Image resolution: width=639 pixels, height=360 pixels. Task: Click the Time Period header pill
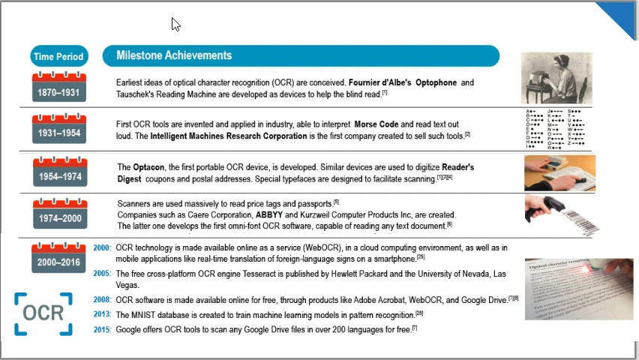(59, 56)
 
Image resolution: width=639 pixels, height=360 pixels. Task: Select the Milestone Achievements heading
(174, 55)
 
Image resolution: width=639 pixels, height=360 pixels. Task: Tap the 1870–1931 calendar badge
(59, 88)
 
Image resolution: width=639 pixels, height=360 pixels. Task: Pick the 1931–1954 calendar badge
(59, 129)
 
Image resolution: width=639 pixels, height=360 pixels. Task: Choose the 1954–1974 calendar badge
(59, 173)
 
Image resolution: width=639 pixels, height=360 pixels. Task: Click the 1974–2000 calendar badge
(59, 214)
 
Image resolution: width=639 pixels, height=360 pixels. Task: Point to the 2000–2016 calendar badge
(59, 257)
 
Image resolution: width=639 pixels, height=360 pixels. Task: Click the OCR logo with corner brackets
(43, 313)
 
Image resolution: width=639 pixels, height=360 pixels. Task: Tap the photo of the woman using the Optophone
(556, 78)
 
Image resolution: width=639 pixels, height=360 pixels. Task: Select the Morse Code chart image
(556, 130)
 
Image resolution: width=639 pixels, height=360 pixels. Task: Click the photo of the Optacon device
(559, 173)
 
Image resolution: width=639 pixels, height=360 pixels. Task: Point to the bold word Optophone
(436, 82)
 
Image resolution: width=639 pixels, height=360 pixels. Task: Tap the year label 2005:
(102, 274)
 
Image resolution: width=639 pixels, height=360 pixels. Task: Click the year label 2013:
(102, 315)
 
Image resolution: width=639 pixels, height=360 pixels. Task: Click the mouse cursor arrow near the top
(175, 24)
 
